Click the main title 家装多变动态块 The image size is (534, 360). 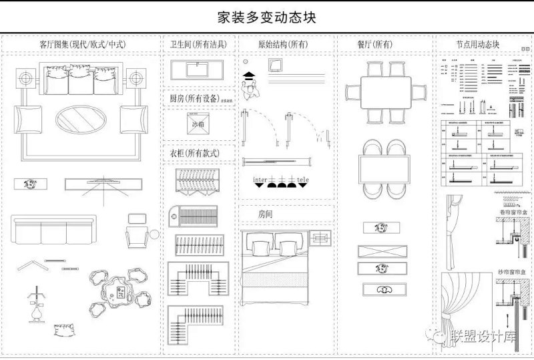point(267,17)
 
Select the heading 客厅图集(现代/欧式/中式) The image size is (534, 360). point(83,45)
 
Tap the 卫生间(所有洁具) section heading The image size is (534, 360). point(199,45)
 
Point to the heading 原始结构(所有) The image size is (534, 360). point(283,45)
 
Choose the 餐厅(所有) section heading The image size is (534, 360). point(374,45)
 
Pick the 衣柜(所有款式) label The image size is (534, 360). point(194,153)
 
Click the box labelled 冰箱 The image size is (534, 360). point(198,124)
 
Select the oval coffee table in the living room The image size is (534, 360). point(81,122)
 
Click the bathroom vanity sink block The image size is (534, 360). point(199,70)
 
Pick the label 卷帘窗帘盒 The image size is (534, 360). point(512,213)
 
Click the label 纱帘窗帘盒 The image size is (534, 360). point(512,272)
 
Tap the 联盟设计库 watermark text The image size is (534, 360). point(485,334)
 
